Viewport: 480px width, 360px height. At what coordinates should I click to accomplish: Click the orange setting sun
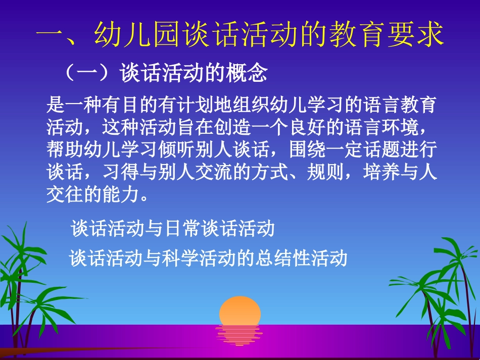[240, 310]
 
